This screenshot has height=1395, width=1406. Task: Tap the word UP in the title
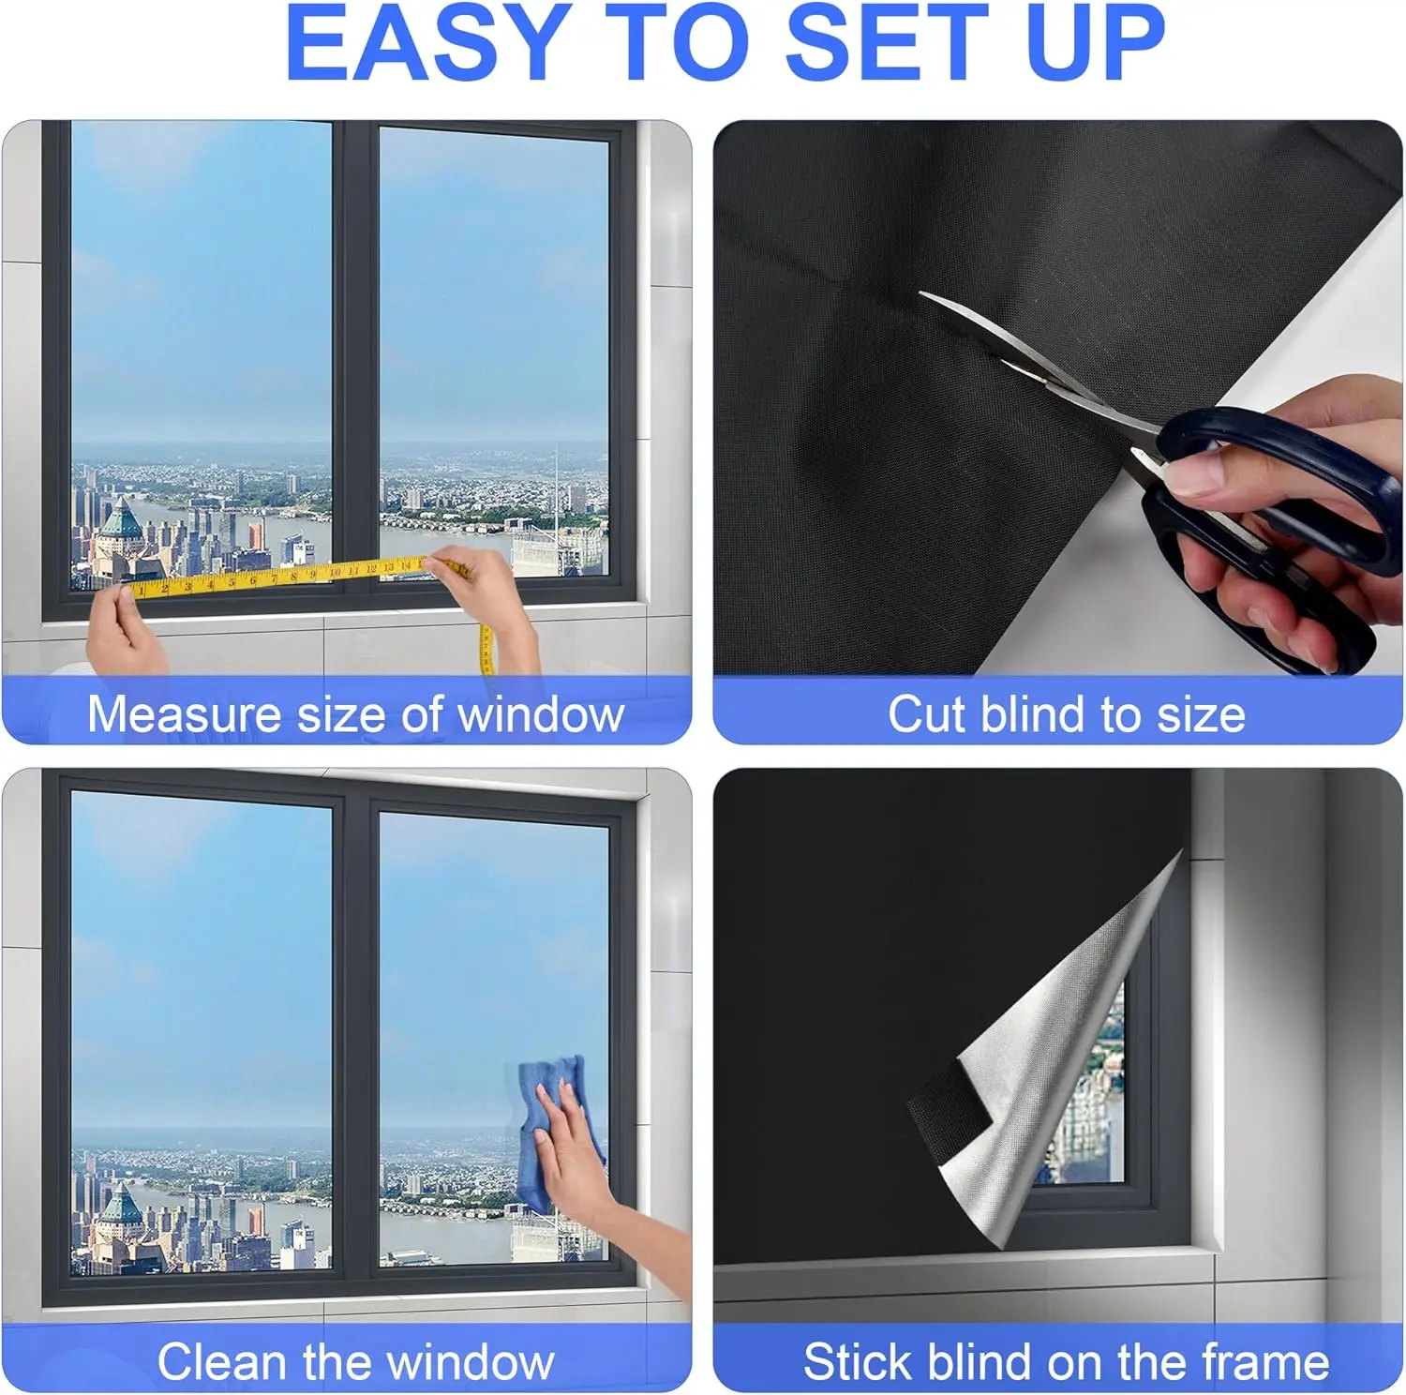[1095, 42]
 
